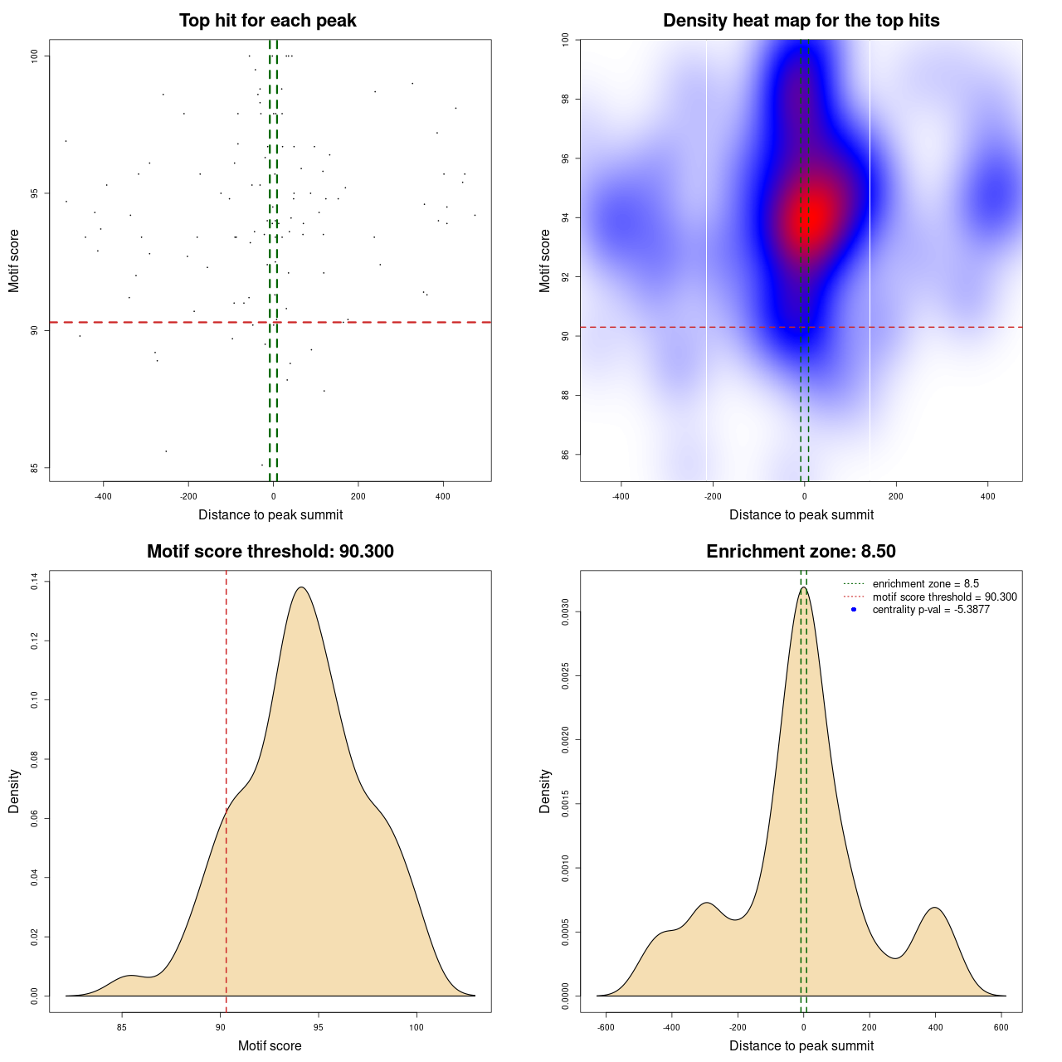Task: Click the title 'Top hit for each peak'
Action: (x=267, y=21)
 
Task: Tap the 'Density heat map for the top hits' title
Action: (x=801, y=21)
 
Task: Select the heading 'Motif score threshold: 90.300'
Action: (x=270, y=552)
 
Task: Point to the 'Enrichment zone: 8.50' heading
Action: (x=801, y=552)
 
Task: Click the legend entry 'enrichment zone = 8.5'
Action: (x=925, y=584)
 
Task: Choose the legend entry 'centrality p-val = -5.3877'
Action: (x=931, y=610)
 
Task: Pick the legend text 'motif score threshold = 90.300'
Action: (x=944, y=597)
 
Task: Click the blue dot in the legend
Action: (x=854, y=610)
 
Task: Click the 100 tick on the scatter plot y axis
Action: (x=35, y=56)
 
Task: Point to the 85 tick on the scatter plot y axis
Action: (x=35, y=468)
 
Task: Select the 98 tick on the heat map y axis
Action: (x=566, y=100)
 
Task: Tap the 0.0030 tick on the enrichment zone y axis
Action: (x=566, y=612)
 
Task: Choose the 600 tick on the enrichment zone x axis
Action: (x=1001, y=1027)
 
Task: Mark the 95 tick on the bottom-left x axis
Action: (x=318, y=1027)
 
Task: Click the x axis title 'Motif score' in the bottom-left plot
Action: (x=270, y=1046)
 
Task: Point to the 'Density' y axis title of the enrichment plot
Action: (x=545, y=791)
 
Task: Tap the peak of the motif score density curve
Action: (x=301, y=587)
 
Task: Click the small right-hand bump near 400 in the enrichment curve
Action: (x=936, y=908)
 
